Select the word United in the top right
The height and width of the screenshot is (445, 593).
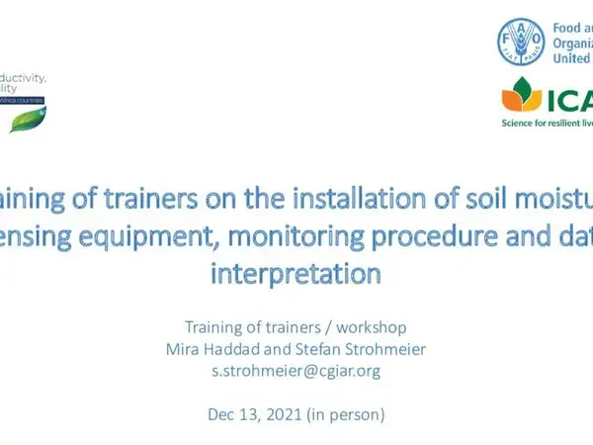coord(570,59)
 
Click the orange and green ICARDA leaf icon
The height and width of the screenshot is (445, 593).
coord(522,97)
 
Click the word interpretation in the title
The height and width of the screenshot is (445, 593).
coord(295,274)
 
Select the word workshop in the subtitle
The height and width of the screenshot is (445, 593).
coord(370,327)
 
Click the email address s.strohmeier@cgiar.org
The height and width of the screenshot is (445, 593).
coord(296,371)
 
